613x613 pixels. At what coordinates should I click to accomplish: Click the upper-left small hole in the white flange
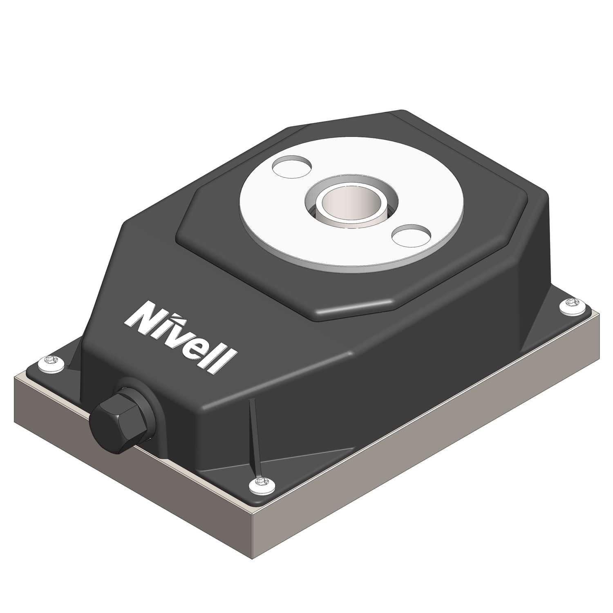291,167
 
